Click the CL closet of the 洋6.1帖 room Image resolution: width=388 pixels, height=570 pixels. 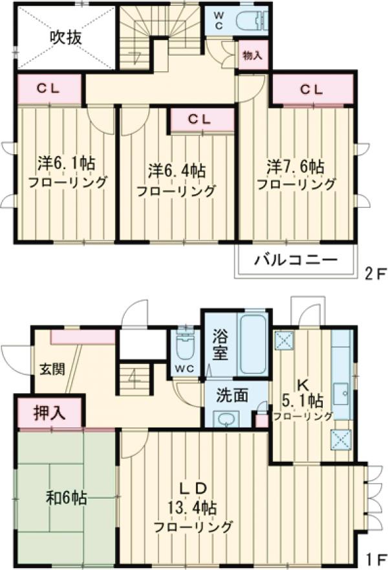[49, 89]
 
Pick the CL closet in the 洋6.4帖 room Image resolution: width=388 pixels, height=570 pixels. [200, 120]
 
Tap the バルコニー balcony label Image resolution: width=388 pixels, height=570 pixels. [296, 261]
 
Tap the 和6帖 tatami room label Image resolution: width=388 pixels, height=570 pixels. [67, 499]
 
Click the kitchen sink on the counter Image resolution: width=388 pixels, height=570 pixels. [341, 393]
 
